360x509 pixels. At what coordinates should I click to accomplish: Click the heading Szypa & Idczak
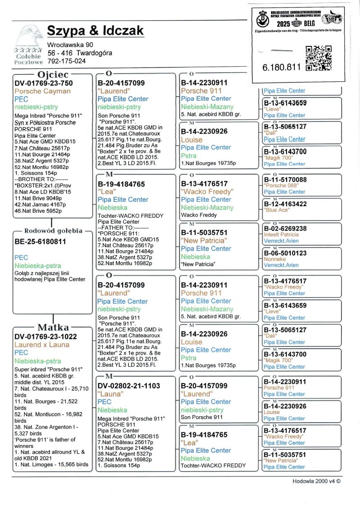tap(95, 31)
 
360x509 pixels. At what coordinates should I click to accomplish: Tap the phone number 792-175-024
tap(66, 61)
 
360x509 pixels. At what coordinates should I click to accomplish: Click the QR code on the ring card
tap(318, 59)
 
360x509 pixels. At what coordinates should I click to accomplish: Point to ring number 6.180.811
tap(281, 67)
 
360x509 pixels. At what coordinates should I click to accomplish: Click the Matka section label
tap(53, 327)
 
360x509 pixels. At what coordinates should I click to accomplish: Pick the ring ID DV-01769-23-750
tap(44, 83)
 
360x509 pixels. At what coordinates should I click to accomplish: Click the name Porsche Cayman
tap(42, 91)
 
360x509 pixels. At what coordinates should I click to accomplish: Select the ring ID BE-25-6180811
tap(40, 242)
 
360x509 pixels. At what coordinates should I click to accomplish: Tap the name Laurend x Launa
tap(42, 345)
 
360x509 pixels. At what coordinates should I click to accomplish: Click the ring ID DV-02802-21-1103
tap(129, 386)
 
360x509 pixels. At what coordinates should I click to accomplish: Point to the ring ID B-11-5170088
tap(285, 180)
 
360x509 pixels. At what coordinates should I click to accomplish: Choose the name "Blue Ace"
tap(276, 210)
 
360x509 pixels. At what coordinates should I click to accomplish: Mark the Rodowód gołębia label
tap(53, 231)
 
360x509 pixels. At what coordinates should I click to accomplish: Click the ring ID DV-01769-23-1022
tap(45, 337)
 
